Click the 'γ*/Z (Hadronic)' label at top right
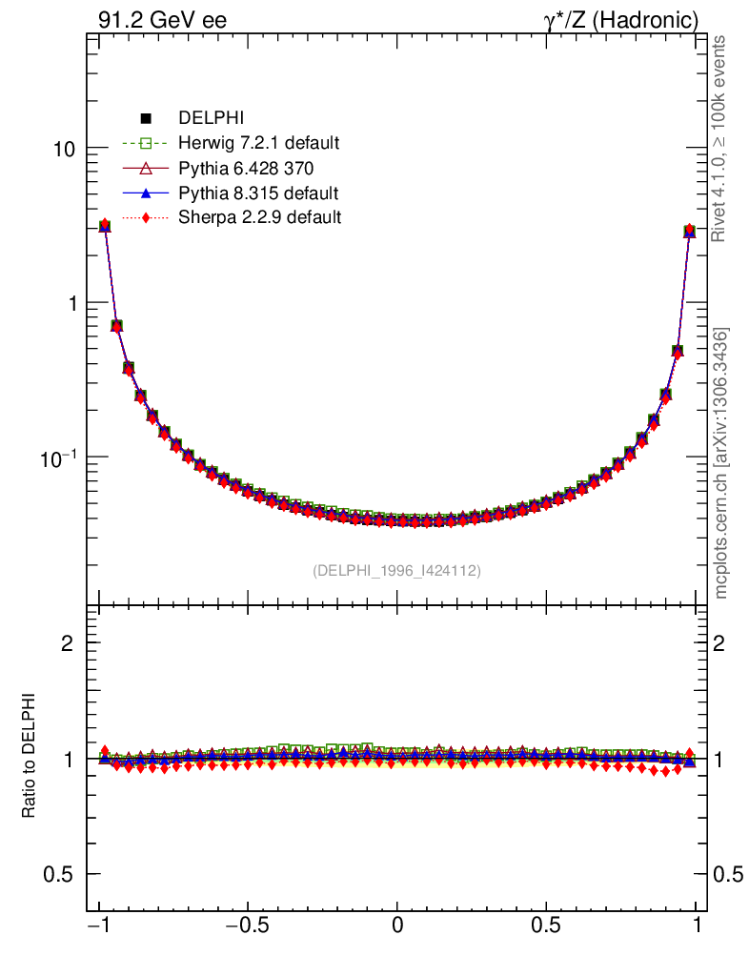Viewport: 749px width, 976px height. (x=621, y=20)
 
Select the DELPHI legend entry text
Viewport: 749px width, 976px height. (x=212, y=118)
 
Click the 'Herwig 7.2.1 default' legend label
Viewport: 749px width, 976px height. (x=259, y=143)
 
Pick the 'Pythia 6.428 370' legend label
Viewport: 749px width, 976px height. (x=247, y=168)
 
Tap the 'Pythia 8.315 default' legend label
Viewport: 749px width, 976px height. (x=258, y=193)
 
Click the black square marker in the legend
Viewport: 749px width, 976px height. (x=146, y=118)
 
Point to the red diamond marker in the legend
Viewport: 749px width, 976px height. (x=146, y=217)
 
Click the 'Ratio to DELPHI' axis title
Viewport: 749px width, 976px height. (x=30, y=756)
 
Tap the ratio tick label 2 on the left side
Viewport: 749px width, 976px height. (x=68, y=643)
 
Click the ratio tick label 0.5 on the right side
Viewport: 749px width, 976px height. (x=729, y=874)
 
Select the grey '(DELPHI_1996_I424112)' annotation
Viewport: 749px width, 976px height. (x=396, y=571)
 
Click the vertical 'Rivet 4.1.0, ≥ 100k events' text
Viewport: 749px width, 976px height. (x=721, y=138)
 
